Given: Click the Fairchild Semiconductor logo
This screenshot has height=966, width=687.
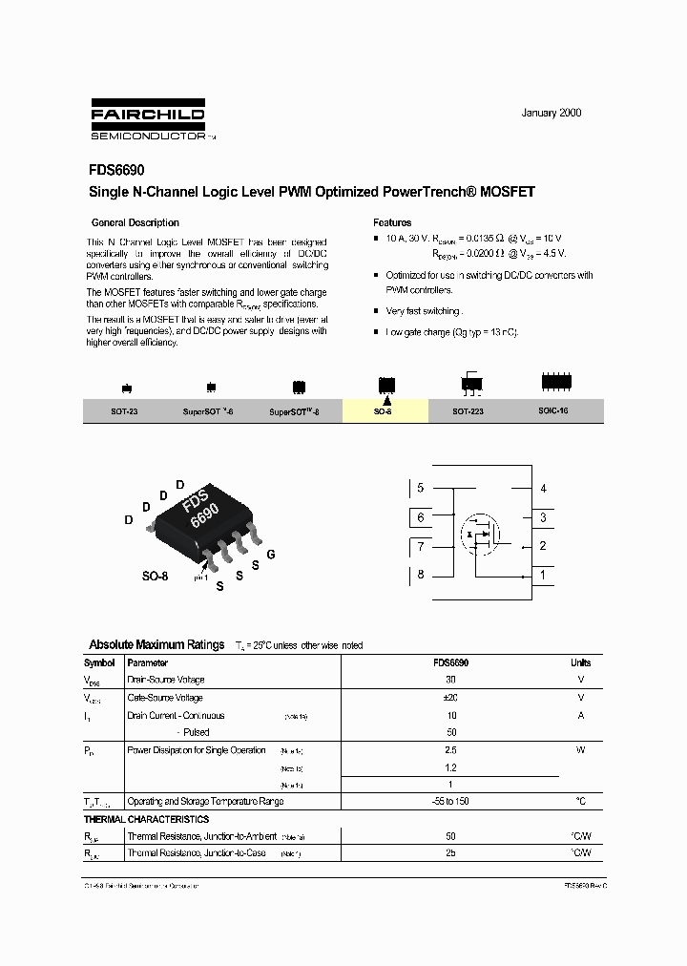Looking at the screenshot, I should click(148, 119).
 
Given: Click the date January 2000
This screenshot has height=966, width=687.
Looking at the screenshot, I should click(551, 113).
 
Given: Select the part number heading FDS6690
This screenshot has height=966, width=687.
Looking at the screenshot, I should click(116, 171).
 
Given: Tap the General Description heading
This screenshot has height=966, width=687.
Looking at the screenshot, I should click(135, 222).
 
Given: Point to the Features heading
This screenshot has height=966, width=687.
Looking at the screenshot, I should click(392, 222).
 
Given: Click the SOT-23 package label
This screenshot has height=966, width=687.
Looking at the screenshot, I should click(125, 410).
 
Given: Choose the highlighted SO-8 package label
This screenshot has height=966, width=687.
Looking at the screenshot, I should click(383, 410).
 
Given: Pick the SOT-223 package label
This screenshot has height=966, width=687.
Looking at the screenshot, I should click(468, 410).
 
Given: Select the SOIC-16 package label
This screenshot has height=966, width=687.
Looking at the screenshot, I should click(553, 410).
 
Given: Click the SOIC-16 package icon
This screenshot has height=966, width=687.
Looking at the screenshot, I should click(556, 382).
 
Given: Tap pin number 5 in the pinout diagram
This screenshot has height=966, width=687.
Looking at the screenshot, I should click(420, 489).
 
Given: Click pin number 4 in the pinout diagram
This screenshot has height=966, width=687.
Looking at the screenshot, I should click(543, 489).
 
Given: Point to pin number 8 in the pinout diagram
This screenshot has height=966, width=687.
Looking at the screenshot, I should click(420, 575).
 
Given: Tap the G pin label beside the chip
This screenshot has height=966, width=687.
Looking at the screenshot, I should click(271, 555).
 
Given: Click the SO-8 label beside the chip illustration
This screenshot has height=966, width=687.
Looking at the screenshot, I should click(155, 577).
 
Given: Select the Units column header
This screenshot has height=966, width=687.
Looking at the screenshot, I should click(580, 662).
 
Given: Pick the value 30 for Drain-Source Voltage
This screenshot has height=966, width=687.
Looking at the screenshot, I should click(450, 680).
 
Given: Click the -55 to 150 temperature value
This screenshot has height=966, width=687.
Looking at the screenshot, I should click(450, 801).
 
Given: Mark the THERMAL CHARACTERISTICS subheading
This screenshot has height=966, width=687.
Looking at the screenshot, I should click(146, 819).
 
